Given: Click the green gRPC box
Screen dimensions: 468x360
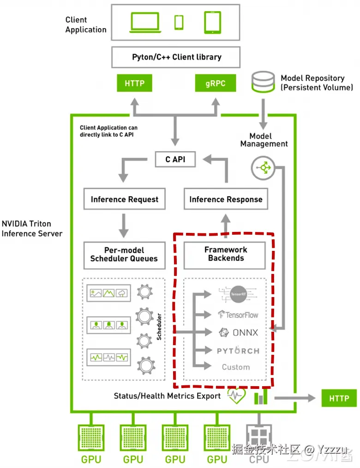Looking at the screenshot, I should point(215,84).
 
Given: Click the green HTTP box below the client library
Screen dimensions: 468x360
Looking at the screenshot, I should point(134,84).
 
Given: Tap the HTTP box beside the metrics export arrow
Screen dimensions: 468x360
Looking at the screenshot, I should point(339,398).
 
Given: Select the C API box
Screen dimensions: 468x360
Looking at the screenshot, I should point(174,159).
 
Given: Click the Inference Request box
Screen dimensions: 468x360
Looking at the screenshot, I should point(124,200).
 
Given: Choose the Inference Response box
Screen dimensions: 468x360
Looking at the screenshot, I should point(226,200).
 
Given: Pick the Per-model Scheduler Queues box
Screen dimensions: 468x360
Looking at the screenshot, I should point(124,254).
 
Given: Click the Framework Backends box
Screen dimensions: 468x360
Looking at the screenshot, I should point(226,254).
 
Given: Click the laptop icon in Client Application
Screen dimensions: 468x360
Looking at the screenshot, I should point(144,22).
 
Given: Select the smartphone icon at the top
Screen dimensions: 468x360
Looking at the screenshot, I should point(179,22).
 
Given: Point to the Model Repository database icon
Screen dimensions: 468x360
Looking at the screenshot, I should point(263,81).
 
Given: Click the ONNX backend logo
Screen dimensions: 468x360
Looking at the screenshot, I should point(238,333).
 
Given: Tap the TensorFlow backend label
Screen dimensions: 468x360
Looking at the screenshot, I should point(238,315).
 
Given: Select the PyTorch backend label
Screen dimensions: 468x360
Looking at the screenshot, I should point(238,351).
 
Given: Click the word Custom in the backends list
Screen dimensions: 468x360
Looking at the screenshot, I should point(236,367).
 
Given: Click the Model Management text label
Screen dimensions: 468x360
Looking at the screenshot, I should point(264,140).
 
